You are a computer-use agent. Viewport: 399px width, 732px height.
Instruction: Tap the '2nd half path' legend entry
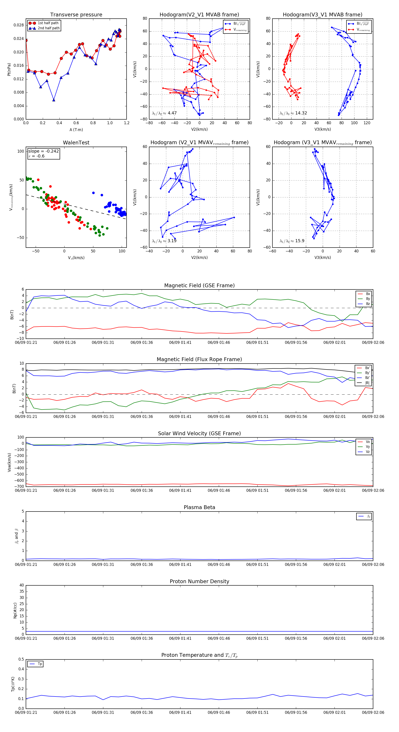pyautogui.click(x=49, y=28)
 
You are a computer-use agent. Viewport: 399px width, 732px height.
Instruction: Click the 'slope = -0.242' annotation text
pyautogui.click(x=43, y=151)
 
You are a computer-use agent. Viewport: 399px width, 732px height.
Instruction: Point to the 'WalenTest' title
pyautogui.click(x=76, y=143)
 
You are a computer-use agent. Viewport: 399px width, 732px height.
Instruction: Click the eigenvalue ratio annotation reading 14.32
pyautogui.click(x=293, y=113)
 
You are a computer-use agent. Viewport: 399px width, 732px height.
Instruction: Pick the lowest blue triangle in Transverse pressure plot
pyautogui.click(x=54, y=100)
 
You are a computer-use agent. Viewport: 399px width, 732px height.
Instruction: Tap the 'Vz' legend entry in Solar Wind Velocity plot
pyautogui.click(x=368, y=452)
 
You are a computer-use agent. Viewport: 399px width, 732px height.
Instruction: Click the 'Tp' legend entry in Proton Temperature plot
pyautogui.click(x=40, y=664)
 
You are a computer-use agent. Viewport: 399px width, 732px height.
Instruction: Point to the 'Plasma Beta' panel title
pyautogui.click(x=199, y=508)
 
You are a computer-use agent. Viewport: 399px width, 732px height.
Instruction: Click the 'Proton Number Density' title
pyautogui.click(x=199, y=581)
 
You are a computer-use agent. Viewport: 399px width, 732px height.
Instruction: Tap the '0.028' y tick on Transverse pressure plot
pyautogui.click(x=19, y=25)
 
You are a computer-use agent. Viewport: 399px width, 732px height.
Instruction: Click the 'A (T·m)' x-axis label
pyautogui.click(x=76, y=130)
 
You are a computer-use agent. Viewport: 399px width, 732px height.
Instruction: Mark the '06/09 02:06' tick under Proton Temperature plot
pyautogui.click(x=373, y=712)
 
